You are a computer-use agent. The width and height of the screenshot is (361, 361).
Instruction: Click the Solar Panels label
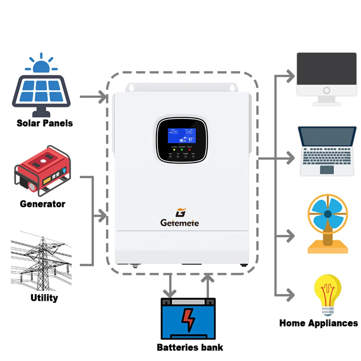coord(44,123)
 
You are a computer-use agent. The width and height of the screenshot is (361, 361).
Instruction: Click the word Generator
coord(43,204)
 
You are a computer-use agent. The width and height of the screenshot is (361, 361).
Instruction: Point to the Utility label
coord(44,298)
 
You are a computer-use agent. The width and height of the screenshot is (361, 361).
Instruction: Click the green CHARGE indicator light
coord(182,150)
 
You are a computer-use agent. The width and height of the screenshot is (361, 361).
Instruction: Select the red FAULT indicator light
coord(190,150)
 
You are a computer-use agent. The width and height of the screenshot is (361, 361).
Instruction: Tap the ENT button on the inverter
coord(193,157)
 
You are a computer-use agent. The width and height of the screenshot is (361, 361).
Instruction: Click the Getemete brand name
coord(179,223)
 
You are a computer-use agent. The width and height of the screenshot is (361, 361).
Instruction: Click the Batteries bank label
coord(190,348)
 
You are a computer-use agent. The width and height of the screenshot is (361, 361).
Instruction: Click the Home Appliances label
coord(318,323)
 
